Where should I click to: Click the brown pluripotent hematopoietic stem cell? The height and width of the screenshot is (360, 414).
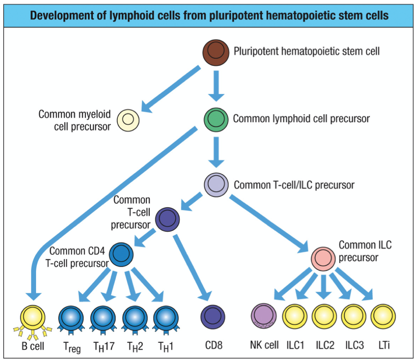coord(216,51)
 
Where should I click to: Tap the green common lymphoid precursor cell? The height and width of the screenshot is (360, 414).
coord(215,119)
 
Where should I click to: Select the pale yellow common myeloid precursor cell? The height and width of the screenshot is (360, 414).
coord(128,120)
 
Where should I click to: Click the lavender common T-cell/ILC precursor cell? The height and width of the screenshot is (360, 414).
coord(216,184)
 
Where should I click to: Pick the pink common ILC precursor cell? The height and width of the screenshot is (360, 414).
coord(324,258)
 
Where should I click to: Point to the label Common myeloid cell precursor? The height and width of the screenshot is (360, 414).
coord(75,120)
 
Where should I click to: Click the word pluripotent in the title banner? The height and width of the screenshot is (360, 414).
coord(201,16)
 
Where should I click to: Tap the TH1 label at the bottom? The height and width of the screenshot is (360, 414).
coord(166,346)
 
